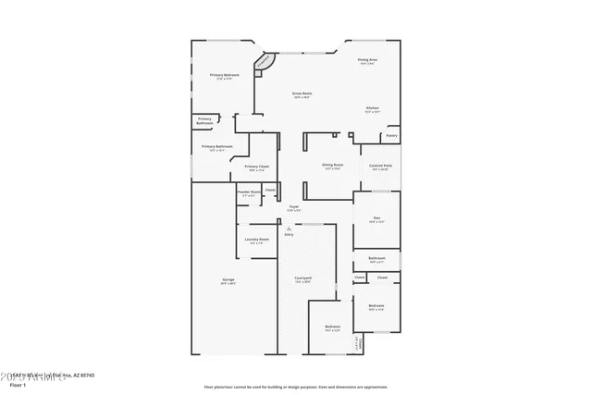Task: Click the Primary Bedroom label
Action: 225,75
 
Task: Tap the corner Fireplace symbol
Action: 265,64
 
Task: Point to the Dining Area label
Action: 366,60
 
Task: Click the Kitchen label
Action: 372,108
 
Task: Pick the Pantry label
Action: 391,135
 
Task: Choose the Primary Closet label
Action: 256,167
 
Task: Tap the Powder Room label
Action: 249,192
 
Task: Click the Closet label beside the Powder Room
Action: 270,191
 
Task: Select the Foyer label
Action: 293,207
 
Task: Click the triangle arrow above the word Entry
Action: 289,227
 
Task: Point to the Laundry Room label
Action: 257,240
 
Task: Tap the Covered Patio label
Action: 378,166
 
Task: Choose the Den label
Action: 376,219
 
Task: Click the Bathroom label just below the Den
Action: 376,258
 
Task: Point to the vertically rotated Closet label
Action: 357,343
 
